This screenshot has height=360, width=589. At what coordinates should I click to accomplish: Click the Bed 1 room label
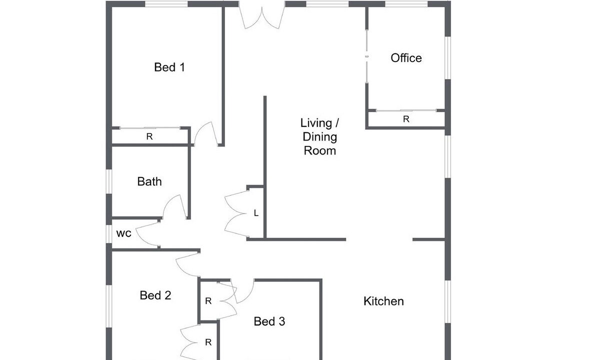[x=169, y=67]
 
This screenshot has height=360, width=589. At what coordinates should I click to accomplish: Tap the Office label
[x=406, y=58]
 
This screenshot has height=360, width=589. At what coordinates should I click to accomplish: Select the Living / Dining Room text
[x=319, y=137]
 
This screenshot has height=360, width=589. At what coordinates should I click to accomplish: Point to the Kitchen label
[x=383, y=301]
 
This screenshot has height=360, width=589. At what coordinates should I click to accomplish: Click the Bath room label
[x=149, y=181]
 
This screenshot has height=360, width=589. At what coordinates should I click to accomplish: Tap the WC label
[x=123, y=233]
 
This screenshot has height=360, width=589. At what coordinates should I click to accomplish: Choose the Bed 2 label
[x=155, y=295]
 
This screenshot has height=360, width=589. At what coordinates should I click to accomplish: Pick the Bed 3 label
[x=269, y=321]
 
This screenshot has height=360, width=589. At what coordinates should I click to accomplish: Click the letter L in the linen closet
[x=256, y=213]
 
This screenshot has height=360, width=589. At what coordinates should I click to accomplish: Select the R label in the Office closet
[x=406, y=119]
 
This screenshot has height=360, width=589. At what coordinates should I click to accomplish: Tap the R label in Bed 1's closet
[x=149, y=137]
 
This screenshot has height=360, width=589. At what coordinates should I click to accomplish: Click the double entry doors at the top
[x=262, y=16]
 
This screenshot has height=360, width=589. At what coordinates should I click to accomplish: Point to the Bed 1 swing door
[x=206, y=134]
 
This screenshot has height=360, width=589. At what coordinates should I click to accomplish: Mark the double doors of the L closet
[x=236, y=213]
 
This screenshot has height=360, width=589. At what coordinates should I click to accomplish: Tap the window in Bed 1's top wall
[x=166, y=4]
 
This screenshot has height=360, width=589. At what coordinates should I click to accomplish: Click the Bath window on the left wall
[x=109, y=182]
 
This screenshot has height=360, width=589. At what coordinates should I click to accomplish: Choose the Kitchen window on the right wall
[x=447, y=301]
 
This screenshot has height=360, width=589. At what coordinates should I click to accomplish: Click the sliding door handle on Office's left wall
[x=366, y=56]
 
